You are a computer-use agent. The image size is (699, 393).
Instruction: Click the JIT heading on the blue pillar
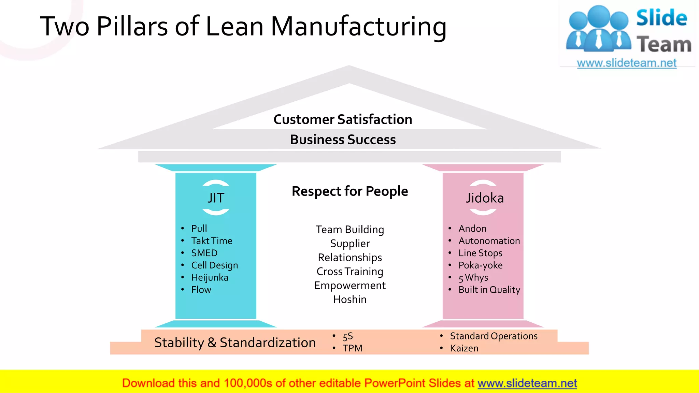click(x=216, y=198)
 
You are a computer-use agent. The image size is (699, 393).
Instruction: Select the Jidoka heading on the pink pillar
click(x=485, y=198)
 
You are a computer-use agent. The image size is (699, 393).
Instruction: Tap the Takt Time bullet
click(x=212, y=241)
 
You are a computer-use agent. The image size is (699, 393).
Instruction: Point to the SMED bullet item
click(x=204, y=253)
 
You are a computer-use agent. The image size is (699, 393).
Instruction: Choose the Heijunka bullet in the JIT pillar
click(x=210, y=278)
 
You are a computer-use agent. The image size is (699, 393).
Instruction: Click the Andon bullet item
click(x=472, y=229)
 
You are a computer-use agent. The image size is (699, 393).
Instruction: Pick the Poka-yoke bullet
click(x=480, y=265)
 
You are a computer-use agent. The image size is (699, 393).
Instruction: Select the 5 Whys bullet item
click(x=473, y=278)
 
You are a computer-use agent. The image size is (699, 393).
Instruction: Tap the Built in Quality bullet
click(x=489, y=290)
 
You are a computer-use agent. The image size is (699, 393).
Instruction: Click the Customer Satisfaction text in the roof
click(x=343, y=119)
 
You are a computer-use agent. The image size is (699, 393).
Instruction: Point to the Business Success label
click(x=343, y=140)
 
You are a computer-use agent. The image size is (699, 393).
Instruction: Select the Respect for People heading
click(x=350, y=191)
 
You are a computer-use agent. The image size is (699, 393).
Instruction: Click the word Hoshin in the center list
click(x=350, y=300)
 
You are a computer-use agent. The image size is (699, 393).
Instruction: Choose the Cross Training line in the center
click(x=350, y=272)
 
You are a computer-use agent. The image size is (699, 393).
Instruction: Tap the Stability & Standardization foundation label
click(x=235, y=343)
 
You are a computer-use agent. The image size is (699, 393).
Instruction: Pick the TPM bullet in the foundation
click(x=353, y=348)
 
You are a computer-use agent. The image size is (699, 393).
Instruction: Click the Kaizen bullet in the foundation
click(x=464, y=348)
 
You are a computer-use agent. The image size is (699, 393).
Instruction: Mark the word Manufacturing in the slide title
click(x=358, y=27)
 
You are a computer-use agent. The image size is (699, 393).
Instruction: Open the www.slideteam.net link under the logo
click(x=627, y=63)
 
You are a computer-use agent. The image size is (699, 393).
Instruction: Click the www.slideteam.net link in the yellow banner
click(x=527, y=383)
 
